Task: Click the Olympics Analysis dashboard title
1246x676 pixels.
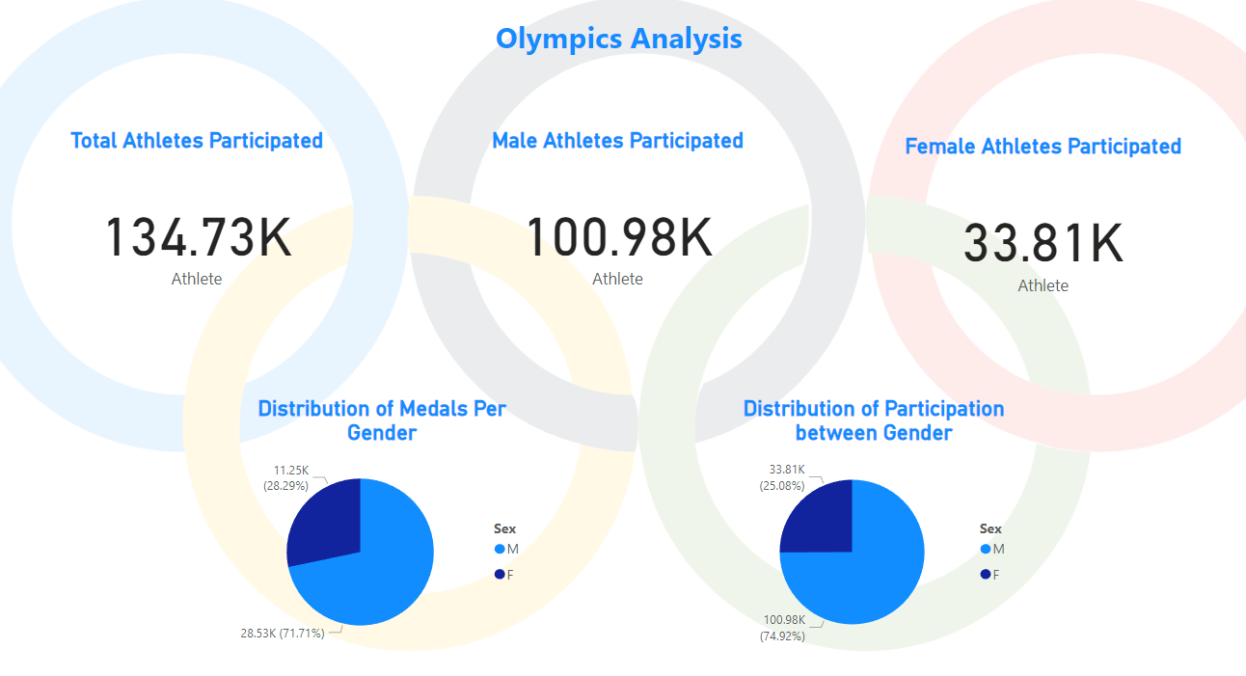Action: [x=619, y=39]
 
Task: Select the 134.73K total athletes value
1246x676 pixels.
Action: [x=198, y=237]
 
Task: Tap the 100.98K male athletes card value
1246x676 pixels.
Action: [x=618, y=237]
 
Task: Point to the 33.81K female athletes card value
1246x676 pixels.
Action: [x=1043, y=243]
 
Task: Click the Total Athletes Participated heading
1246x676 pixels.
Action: [x=197, y=141]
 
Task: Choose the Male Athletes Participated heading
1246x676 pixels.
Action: [x=617, y=141]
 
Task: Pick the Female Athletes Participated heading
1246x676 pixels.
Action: [x=1043, y=147]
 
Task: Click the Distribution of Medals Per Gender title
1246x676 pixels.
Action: [x=382, y=420]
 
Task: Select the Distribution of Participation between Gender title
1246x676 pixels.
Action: [x=874, y=420]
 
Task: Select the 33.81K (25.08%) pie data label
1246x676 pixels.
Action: [x=782, y=478]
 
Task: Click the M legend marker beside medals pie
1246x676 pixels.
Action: [x=500, y=549]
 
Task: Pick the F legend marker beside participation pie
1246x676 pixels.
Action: [x=985, y=574]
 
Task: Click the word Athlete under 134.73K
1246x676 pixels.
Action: [x=197, y=280]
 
